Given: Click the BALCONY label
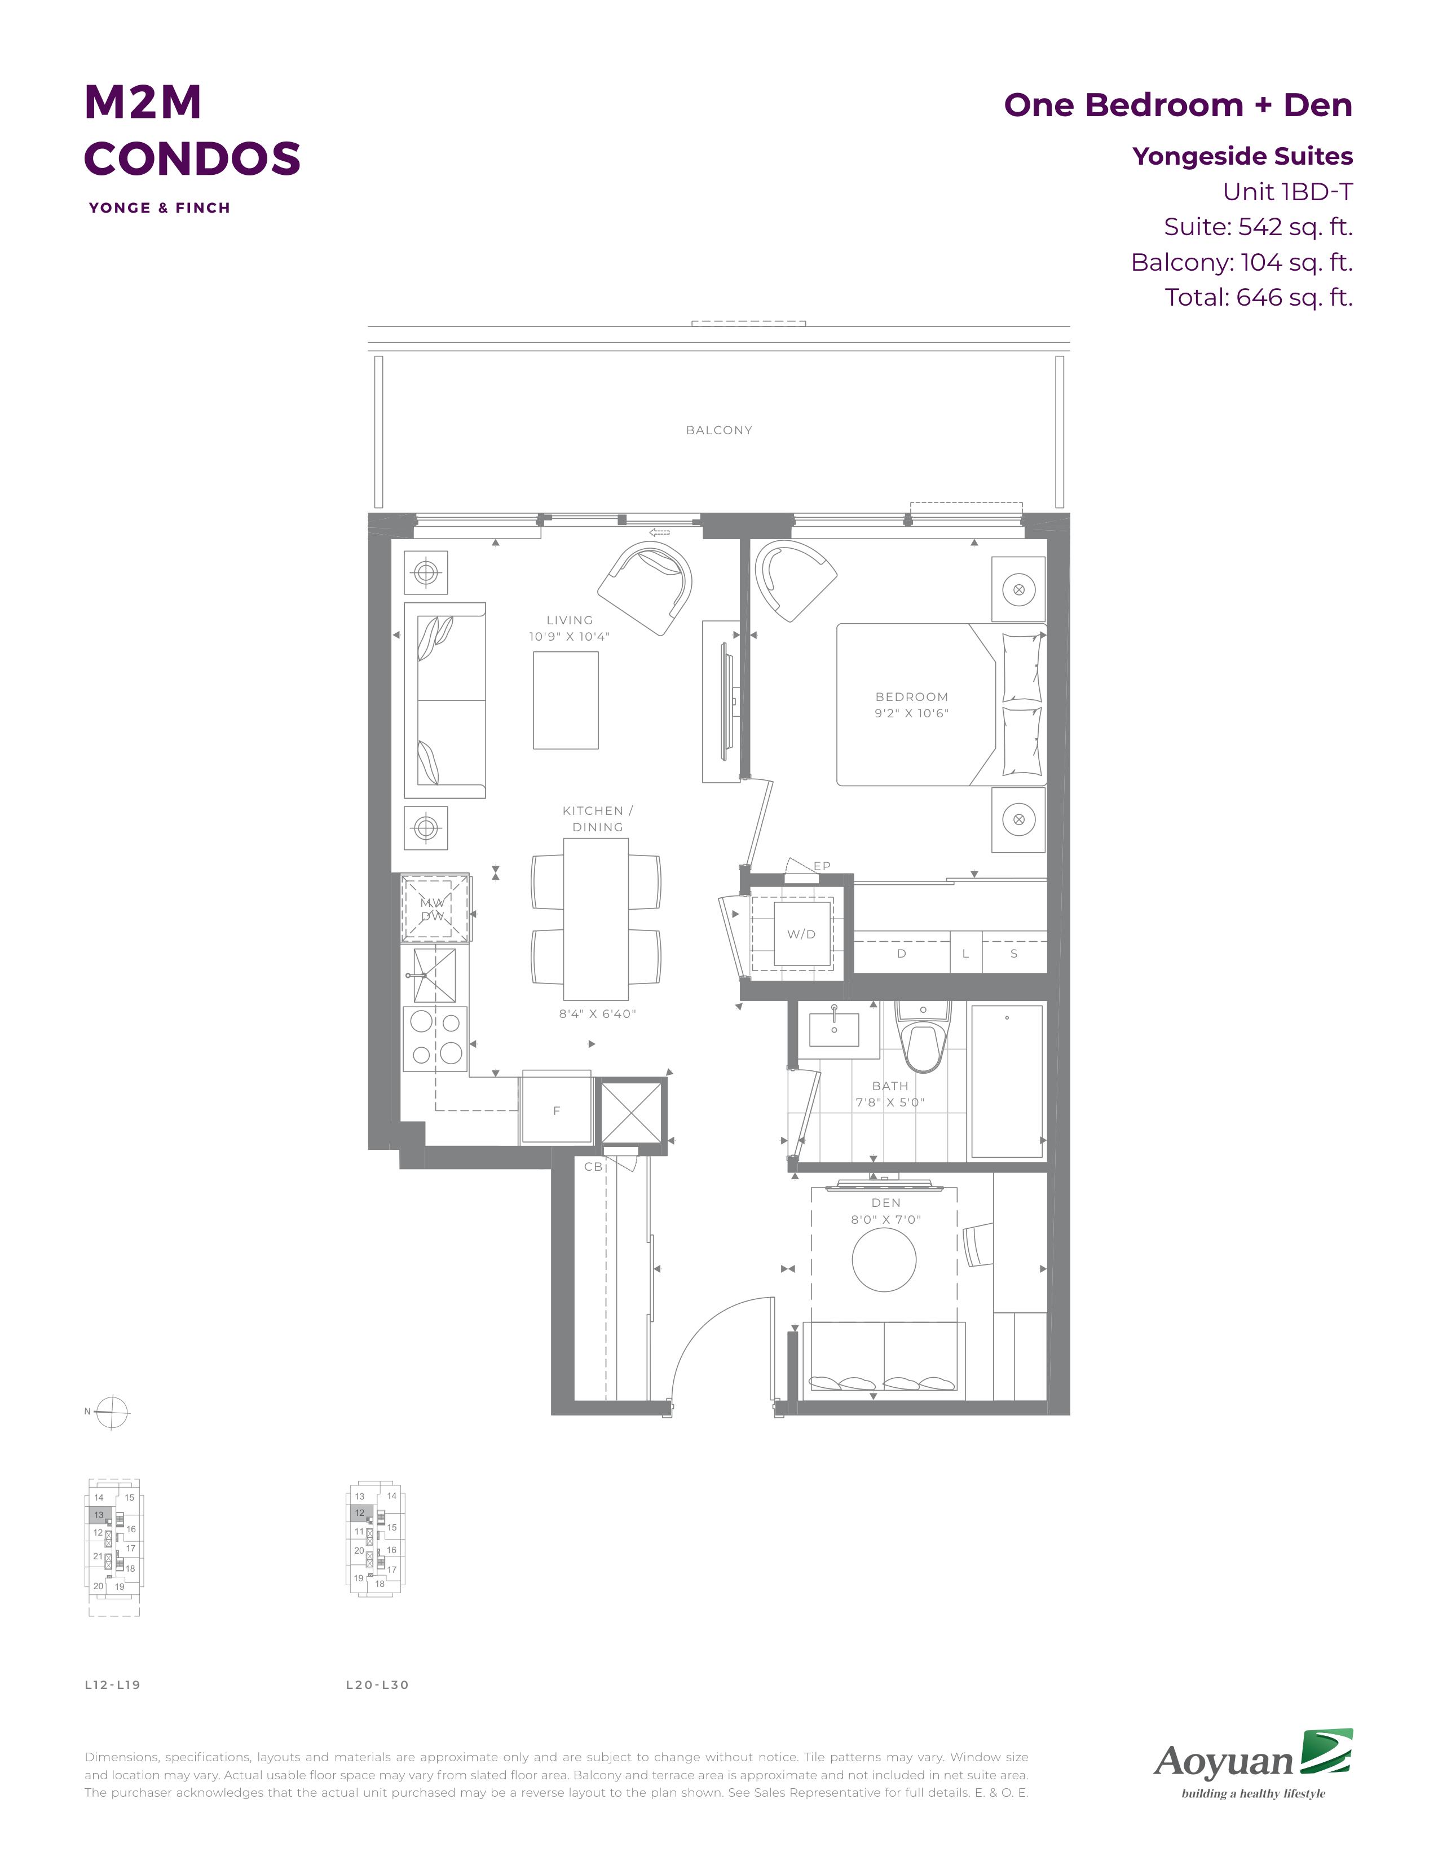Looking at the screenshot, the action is point(719,430).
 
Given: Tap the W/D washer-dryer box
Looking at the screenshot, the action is point(801,934).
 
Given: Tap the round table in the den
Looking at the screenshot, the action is point(884,1259).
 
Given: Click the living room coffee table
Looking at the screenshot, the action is point(566,700).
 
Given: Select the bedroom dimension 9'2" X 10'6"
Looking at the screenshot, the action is point(911,713).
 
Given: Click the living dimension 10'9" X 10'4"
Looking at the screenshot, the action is point(569,637).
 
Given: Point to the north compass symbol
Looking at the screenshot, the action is point(112,1412).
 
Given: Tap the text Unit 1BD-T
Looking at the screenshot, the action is point(1287,192).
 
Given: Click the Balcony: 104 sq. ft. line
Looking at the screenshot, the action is point(1241,262).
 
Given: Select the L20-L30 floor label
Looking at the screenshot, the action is point(377,1684).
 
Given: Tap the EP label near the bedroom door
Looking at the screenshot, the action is point(821,866).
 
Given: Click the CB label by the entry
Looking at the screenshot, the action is point(593,1167).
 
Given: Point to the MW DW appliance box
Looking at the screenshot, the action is point(434,909).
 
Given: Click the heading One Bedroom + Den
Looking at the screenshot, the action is point(1178,105).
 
